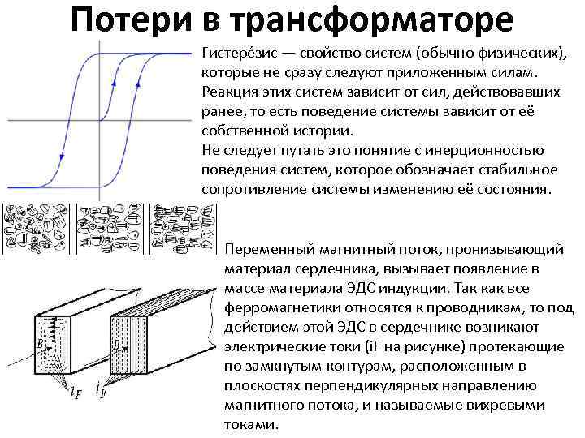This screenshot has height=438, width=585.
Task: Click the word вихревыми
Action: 504,405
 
